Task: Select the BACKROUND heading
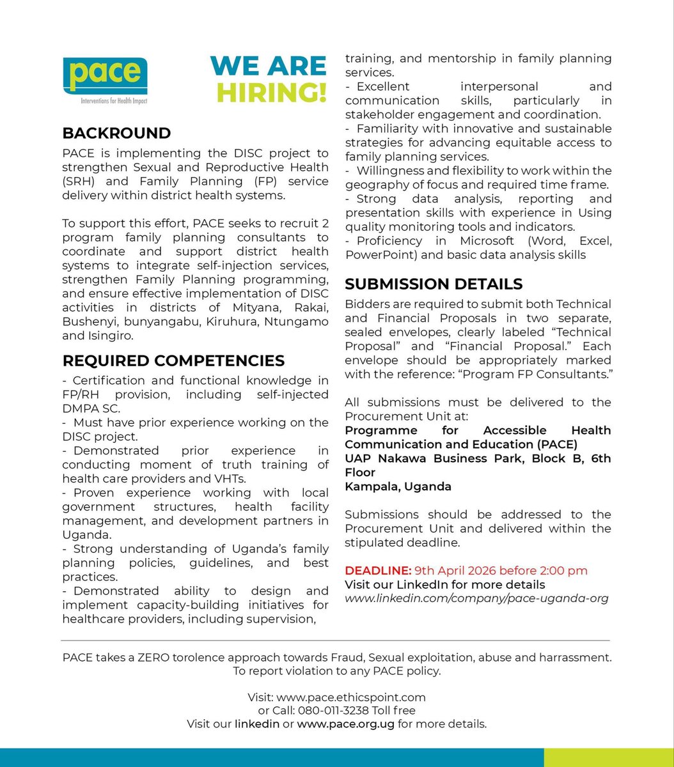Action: [x=116, y=133]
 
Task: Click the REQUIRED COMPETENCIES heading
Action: [x=173, y=360]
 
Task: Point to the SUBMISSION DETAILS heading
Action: [x=434, y=284]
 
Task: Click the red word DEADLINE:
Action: [x=377, y=570]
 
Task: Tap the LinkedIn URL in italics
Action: [x=476, y=599]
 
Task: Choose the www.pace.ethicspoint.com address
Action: [x=350, y=697]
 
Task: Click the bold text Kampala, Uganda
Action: [x=398, y=486]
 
